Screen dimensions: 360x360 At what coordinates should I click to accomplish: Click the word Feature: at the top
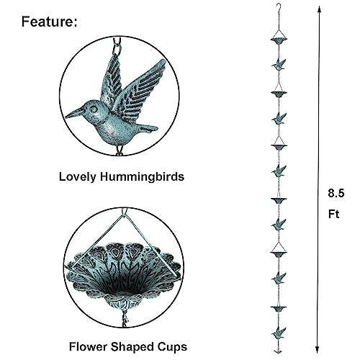pyautogui.click(x=50, y=22)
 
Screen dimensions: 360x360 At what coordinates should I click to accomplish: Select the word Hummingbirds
pyautogui.click(x=142, y=177)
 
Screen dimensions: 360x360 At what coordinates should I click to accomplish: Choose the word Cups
pyautogui.click(x=172, y=347)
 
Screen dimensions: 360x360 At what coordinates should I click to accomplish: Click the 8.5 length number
pyautogui.click(x=336, y=193)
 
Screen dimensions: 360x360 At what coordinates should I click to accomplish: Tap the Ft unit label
pyautogui.click(x=333, y=214)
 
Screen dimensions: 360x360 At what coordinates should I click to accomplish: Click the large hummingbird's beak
pyautogui.click(x=74, y=113)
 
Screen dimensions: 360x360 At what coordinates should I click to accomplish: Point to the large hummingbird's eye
pyautogui.click(x=93, y=109)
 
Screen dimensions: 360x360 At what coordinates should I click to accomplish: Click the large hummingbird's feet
pyautogui.click(x=120, y=150)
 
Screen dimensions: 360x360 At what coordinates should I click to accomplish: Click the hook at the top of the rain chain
pyautogui.click(x=279, y=7)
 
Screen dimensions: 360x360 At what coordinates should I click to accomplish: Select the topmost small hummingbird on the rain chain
pyautogui.click(x=279, y=64)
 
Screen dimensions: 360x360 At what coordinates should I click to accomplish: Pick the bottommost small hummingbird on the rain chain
pyautogui.click(x=279, y=333)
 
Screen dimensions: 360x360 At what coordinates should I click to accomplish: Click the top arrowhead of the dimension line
pyautogui.click(x=319, y=9)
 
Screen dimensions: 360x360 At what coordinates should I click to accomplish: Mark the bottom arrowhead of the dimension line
pyautogui.click(x=318, y=350)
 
